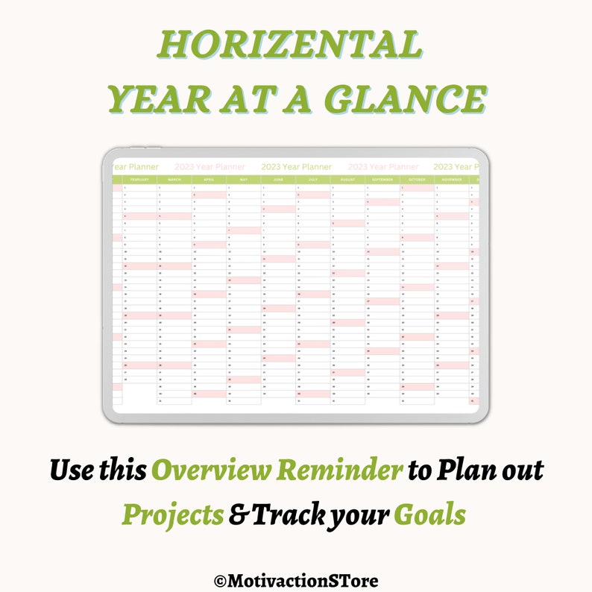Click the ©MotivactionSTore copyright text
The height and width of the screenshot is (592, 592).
click(x=295, y=579)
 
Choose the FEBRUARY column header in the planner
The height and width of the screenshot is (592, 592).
click(x=139, y=180)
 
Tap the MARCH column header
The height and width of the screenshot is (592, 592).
click(x=174, y=180)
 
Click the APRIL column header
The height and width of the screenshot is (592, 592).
click(x=209, y=180)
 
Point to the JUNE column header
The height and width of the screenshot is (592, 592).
click(x=278, y=180)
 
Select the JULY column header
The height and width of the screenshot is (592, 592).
click(x=313, y=180)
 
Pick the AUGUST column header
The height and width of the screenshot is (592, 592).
click(x=347, y=180)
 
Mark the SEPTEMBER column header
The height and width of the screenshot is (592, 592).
click(x=382, y=180)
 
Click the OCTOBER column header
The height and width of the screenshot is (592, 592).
click(x=417, y=180)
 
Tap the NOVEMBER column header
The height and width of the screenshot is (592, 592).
click(x=452, y=180)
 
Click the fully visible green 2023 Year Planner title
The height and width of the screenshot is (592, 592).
click(x=297, y=167)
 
